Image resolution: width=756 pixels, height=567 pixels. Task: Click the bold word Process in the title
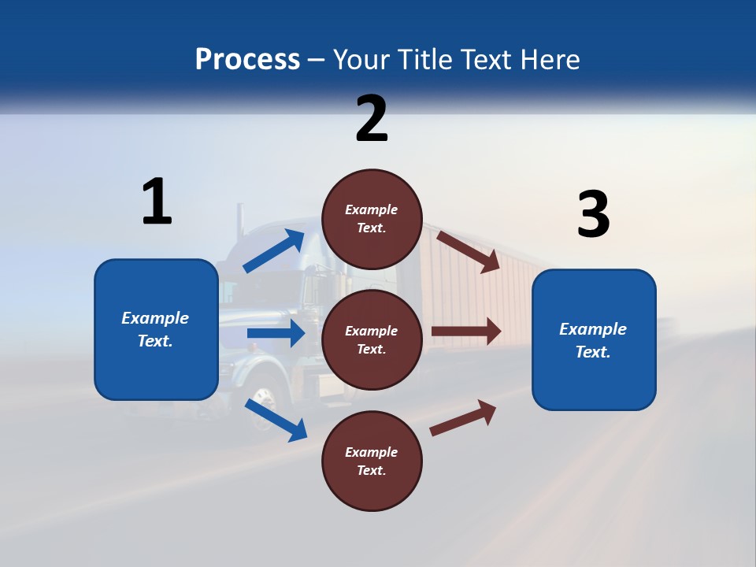click(247, 60)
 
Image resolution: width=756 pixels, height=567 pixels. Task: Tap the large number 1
click(157, 202)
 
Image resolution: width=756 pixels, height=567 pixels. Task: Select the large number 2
click(372, 118)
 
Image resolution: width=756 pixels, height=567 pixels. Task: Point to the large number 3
click(593, 215)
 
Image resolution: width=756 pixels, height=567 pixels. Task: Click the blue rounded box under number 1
click(156, 329)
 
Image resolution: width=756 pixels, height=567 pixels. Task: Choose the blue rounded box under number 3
click(594, 340)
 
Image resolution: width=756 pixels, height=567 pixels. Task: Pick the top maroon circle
click(372, 219)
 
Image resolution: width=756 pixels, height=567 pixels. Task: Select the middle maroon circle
click(372, 339)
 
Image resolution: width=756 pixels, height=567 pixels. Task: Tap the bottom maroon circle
click(372, 461)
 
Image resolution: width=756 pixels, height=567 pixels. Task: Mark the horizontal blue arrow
click(276, 333)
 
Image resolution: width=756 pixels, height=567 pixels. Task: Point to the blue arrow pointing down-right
click(276, 420)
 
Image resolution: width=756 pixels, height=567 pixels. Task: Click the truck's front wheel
click(265, 409)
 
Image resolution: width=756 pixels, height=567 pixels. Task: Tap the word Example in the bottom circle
click(372, 452)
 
